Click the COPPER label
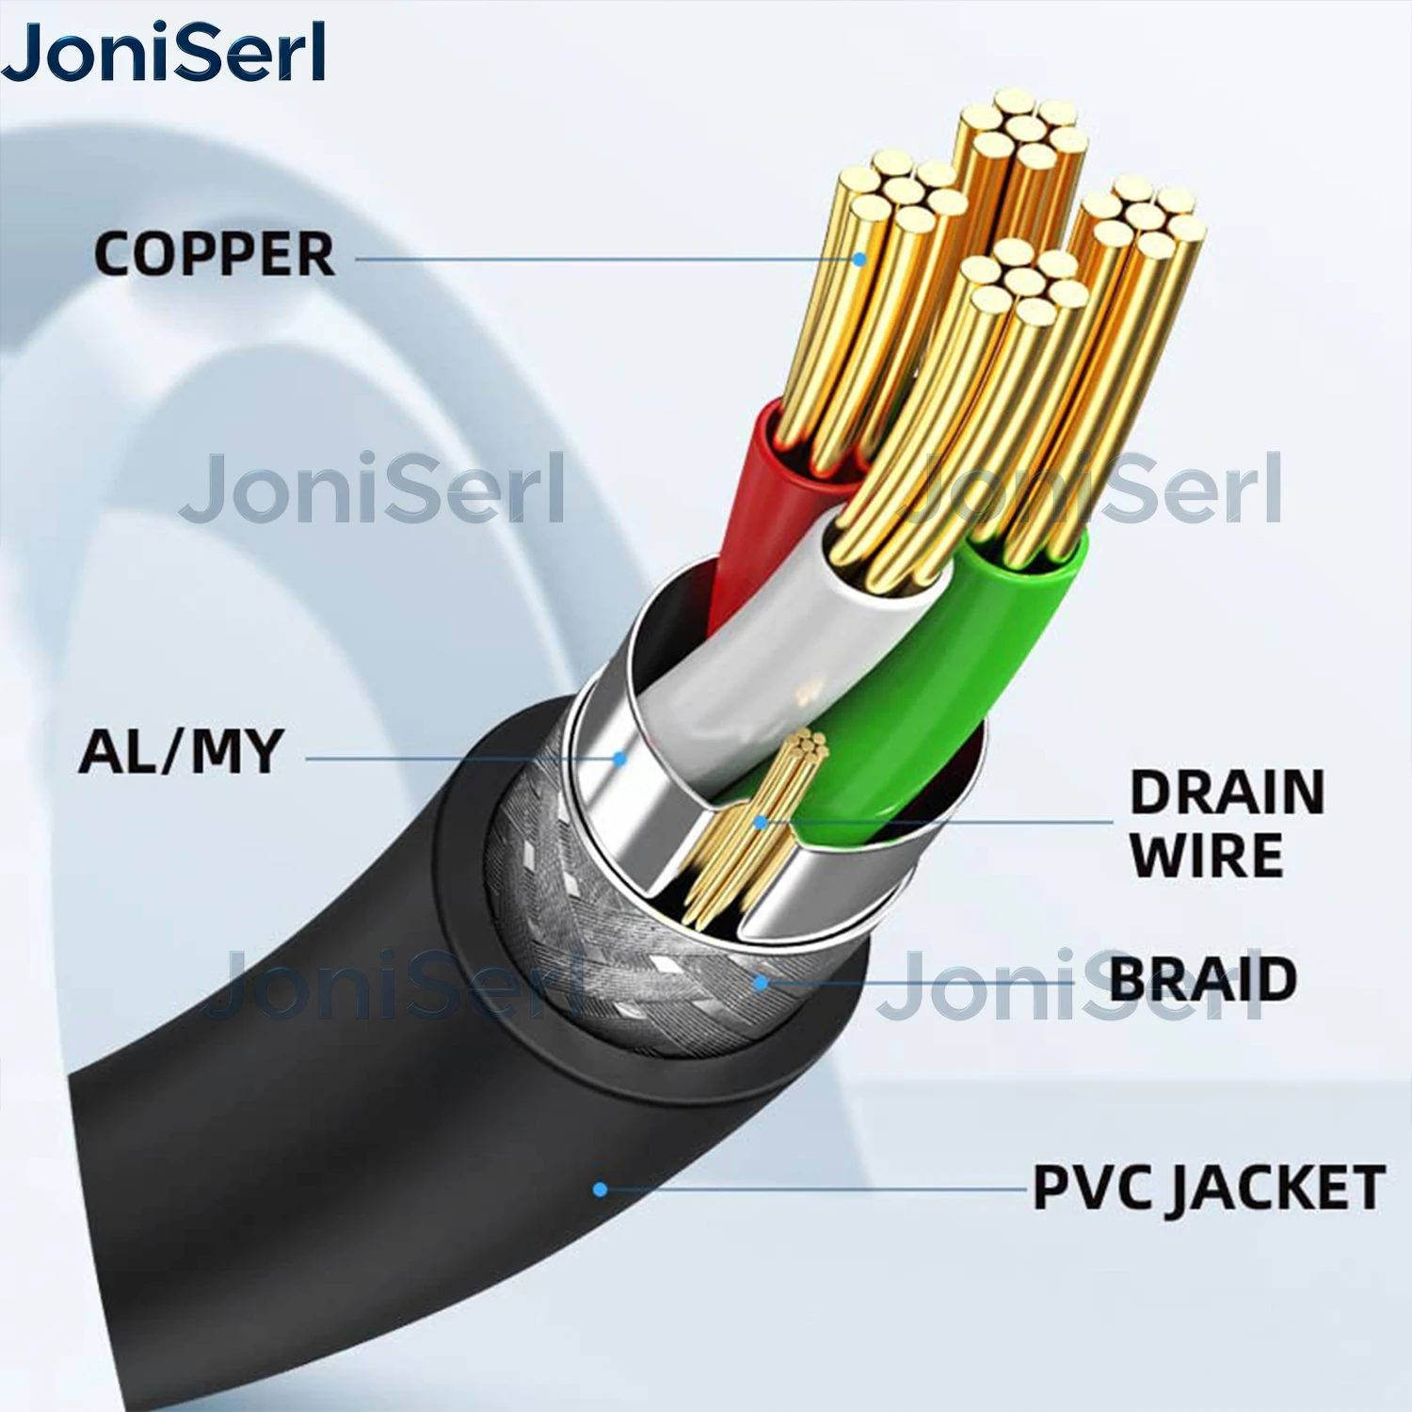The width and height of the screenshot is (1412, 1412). coord(215,254)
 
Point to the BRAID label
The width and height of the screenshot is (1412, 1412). coord(1203,980)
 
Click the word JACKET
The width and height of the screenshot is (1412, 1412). coord(1276,1188)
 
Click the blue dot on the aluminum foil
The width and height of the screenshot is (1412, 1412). coord(619,757)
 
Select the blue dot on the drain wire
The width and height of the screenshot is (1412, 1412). coord(761,822)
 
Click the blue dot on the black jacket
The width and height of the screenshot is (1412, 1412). coord(600,1190)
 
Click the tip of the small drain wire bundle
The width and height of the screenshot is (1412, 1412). coord(810,746)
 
